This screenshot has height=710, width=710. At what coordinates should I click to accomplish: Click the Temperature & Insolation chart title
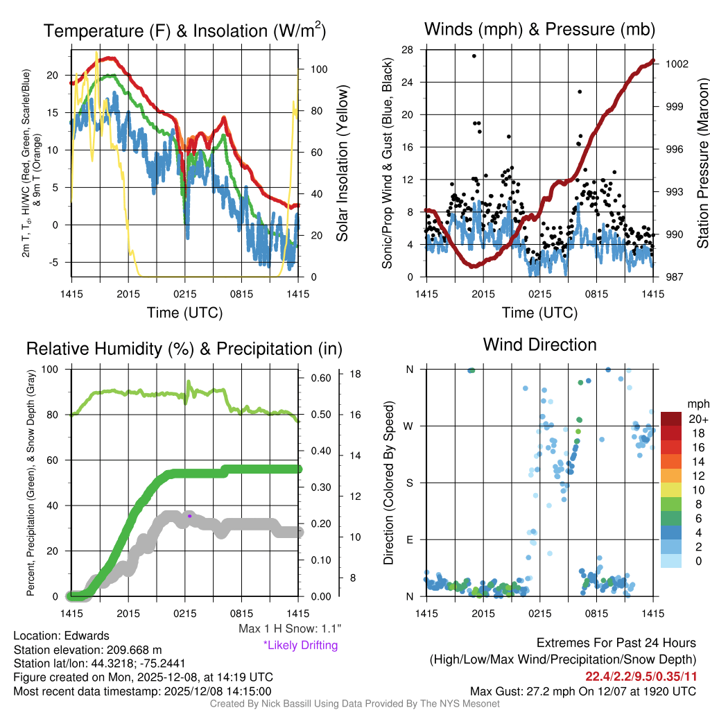coord(184,31)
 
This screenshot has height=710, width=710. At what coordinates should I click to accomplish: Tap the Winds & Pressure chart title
coord(539,29)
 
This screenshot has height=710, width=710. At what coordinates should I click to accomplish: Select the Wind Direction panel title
coord(539,345)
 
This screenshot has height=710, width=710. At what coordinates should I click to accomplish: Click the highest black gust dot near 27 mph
coord(474,56)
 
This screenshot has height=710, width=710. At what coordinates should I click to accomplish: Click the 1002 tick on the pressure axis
coord(675,64)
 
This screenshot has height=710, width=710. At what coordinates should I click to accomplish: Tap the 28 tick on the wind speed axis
coord(408,50)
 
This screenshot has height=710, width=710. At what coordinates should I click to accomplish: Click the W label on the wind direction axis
coord(410,426)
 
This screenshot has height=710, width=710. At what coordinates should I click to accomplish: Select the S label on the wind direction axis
coord(410,483)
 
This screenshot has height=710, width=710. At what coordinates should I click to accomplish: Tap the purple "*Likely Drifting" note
coord(300,646)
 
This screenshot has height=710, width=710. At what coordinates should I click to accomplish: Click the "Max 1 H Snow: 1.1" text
coord(290,628)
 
